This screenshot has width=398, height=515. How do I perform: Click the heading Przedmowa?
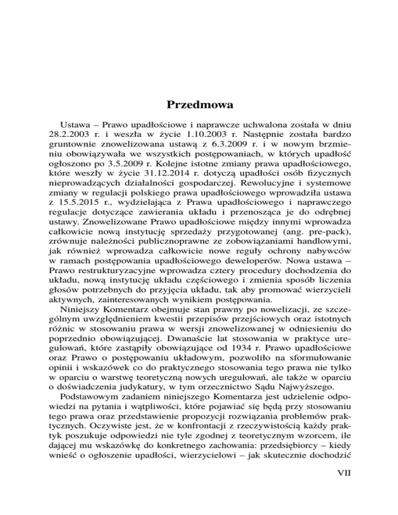pyautogui.click(x=199, y=104)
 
